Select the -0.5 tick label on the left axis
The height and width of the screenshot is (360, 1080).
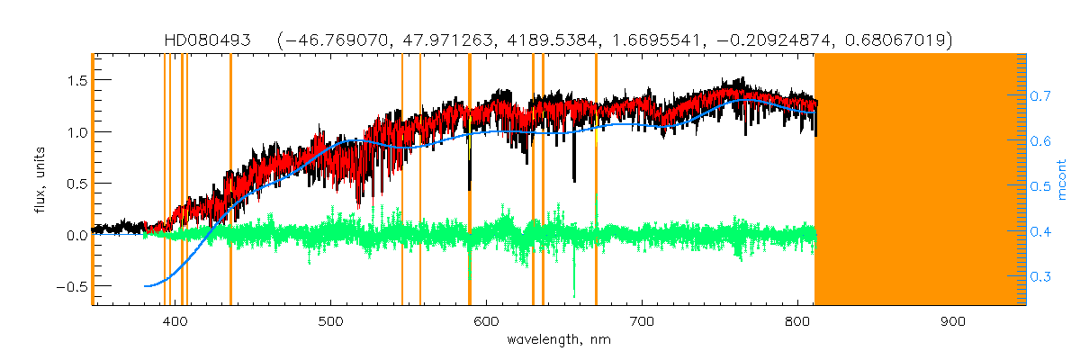tap(69, 286)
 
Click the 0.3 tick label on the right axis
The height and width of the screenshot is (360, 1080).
tap(1041, 276)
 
